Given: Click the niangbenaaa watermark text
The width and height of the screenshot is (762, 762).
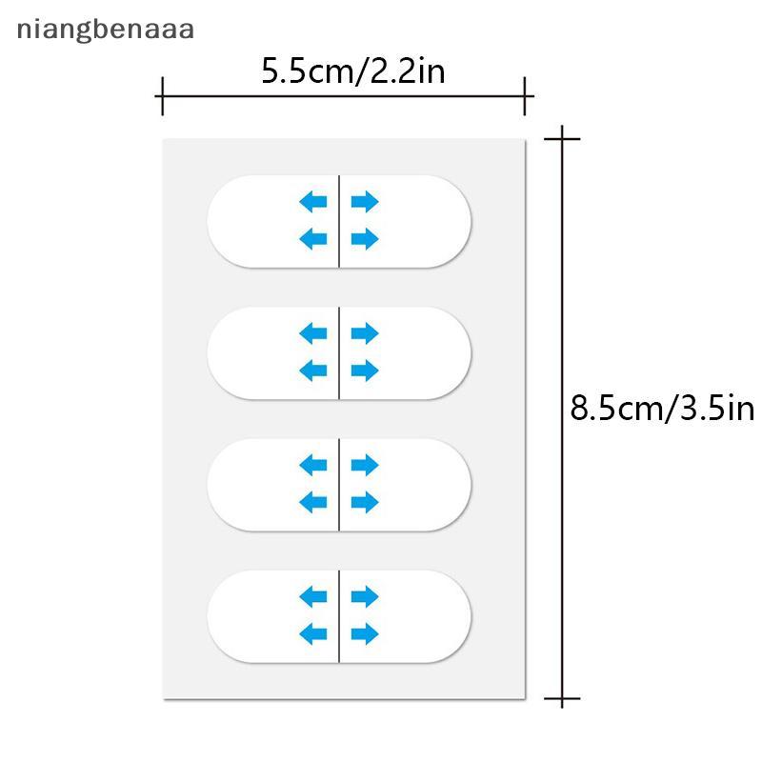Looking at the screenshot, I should [105, 30].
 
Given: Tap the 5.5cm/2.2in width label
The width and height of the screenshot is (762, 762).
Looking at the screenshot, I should [353, 71].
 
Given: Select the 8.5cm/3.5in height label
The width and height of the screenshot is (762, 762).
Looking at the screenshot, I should [662, 409].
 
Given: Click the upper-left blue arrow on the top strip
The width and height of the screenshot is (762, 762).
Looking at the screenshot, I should [313, 201].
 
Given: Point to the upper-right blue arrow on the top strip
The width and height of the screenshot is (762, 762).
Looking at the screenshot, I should [365, 201].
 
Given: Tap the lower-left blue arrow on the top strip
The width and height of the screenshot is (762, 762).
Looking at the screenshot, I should [313, 238].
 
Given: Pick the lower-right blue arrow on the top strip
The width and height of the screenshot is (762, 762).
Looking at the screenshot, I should [365, 238].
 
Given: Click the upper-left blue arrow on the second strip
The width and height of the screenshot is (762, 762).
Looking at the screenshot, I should [313, 333].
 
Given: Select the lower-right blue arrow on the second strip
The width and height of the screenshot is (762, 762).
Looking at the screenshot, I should [365, 370].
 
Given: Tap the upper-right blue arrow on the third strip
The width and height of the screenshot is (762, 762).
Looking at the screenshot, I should [365, 465].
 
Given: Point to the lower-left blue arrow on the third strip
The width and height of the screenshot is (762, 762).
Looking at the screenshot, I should [313, 501].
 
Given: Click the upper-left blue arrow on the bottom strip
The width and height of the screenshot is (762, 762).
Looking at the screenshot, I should [313, 597].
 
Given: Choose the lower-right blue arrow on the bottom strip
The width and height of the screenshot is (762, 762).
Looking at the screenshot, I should [365, 632].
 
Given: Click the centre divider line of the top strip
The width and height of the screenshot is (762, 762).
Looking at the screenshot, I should [339, 221].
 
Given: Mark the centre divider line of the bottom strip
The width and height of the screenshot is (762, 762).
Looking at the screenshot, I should [339, 615].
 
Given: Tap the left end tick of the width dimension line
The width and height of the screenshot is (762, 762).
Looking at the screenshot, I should [162, 96].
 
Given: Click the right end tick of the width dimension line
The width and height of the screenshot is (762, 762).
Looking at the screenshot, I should [525, 96].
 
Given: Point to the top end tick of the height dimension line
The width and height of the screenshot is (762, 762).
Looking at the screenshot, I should [563, 139].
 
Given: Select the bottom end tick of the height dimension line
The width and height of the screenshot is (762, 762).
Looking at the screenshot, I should [563, 701].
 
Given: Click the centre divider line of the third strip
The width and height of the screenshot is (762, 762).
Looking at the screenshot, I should [339, 484].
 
